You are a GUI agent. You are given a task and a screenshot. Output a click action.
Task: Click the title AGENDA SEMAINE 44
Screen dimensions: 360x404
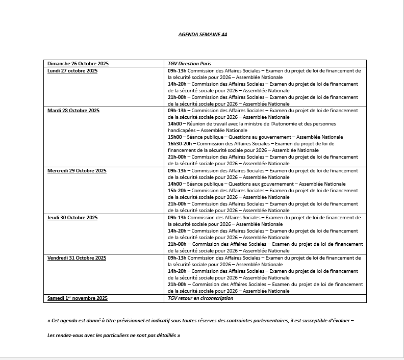click(203, 35)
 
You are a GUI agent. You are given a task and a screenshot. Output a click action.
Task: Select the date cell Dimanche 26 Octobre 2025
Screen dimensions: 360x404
click(78, 64)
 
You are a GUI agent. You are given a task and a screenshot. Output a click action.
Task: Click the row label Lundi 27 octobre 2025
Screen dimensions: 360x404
click(72, 71)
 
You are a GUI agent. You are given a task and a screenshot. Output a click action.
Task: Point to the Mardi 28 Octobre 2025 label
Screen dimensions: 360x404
click(73, 111)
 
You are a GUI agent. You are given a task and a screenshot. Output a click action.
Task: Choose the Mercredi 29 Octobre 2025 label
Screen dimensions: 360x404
click(77, 171)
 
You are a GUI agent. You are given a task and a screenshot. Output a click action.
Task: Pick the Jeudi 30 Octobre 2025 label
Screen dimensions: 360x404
click(72, 218)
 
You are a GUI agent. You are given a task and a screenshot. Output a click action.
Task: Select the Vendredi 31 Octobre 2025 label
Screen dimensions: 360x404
click(77, 258)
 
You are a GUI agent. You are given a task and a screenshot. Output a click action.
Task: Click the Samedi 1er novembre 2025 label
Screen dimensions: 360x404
click(78, 298)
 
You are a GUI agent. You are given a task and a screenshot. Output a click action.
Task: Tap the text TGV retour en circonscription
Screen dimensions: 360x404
click(200, 298)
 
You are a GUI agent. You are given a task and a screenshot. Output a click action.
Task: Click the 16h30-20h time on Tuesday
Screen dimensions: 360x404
click(180, 144)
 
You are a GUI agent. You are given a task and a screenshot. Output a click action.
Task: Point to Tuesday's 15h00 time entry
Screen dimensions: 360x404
click(175, 137)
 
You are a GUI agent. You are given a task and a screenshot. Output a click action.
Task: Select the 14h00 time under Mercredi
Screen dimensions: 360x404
click(175, 184)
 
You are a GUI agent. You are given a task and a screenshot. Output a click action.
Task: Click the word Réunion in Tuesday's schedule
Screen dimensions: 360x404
click(196, 124)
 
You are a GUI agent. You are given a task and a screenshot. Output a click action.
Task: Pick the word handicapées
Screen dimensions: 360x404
click(181, 131)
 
